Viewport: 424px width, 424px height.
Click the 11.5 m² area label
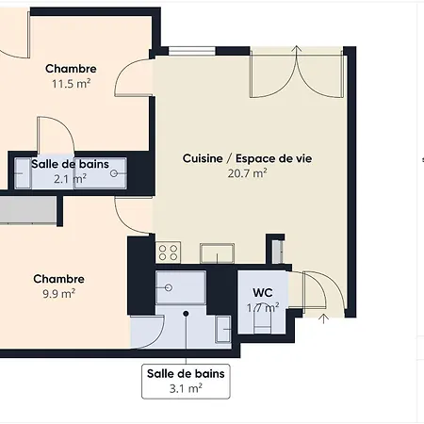click(72, 84)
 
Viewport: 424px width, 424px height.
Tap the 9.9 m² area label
click(59, 294)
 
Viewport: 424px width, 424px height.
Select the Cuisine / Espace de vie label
click(248, 158)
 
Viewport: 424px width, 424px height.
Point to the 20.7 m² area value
click(248, 173)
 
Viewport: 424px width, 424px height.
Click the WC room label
click(263, 292)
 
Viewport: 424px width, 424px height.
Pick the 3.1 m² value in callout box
click(186, 388)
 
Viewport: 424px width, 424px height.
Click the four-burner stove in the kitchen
click(168, 253)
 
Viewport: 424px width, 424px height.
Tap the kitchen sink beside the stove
click(217, 253)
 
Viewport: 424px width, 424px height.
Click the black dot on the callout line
click(186, 314)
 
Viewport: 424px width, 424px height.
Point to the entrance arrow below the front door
click(323, 318)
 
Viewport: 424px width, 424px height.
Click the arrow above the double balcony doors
click(297, 49)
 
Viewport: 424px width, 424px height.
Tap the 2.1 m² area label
click(70, 179)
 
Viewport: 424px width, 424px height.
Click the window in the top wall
click(192, 51)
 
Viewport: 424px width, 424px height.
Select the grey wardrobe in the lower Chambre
click(28, 210)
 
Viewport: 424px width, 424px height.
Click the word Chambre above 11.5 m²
click(71, 69)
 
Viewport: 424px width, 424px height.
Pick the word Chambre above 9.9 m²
click(59, 279)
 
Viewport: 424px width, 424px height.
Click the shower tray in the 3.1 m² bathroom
click(181, 287)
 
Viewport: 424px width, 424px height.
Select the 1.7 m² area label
click(263, 307)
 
